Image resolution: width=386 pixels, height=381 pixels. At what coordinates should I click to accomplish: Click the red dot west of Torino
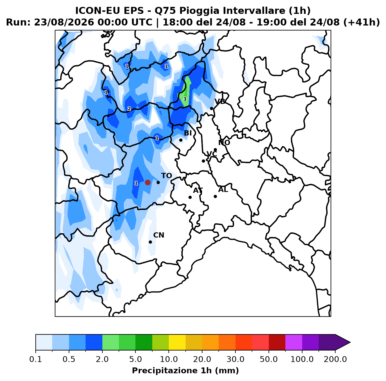(148, 182)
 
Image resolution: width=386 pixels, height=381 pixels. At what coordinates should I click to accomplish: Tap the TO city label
(167, 176)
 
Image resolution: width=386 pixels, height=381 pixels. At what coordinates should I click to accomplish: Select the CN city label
(159, 235)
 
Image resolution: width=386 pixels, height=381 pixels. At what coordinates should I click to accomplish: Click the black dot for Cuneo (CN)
(150, 242)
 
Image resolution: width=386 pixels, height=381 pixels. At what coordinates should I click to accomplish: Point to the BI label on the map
(188, 133)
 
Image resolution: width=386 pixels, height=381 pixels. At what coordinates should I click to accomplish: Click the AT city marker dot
(190, 197)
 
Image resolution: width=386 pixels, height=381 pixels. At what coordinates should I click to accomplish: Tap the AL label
(223, 190)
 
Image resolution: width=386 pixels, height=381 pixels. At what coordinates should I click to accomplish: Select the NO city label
(224, 143)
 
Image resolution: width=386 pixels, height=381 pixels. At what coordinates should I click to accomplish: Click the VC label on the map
(212, 154)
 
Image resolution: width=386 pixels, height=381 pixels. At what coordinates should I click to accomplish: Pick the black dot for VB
(211, 109)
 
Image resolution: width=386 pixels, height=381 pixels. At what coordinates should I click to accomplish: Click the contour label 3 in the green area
(185, 99)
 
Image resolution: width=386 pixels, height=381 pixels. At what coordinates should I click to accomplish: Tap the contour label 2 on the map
(129, 109)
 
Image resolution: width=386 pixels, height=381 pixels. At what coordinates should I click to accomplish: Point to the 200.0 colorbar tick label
(335, 359)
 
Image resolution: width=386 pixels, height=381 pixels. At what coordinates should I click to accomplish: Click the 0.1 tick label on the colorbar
(36, 359)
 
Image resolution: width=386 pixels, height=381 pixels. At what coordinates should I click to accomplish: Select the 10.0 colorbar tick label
(169, 359)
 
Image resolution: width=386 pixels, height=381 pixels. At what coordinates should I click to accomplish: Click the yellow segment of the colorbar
(177, 342)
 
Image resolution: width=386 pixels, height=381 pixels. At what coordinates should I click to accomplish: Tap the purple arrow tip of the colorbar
(350, 342)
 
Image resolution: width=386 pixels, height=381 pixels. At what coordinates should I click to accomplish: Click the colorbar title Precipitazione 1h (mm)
(185, 370)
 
